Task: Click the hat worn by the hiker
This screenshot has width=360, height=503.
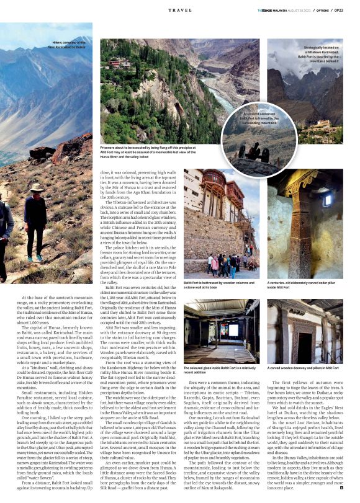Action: (36, 187)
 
